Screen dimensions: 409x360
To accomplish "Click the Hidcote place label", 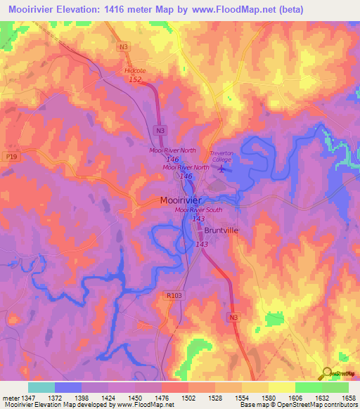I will click(x=135, y=71).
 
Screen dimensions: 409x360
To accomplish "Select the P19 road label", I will click(x=10, y=157).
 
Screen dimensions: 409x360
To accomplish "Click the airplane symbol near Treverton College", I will click(x=223, y=168).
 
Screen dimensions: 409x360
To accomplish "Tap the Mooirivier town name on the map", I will click(x=181, y=200).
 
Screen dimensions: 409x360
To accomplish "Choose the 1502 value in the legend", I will click(x=188, y=397).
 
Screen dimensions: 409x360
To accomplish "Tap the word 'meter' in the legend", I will click(x=9, y=397).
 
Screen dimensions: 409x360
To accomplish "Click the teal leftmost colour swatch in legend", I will click(x=41, y=387).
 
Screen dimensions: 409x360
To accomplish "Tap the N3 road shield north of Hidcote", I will click(x=124, y=47).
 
